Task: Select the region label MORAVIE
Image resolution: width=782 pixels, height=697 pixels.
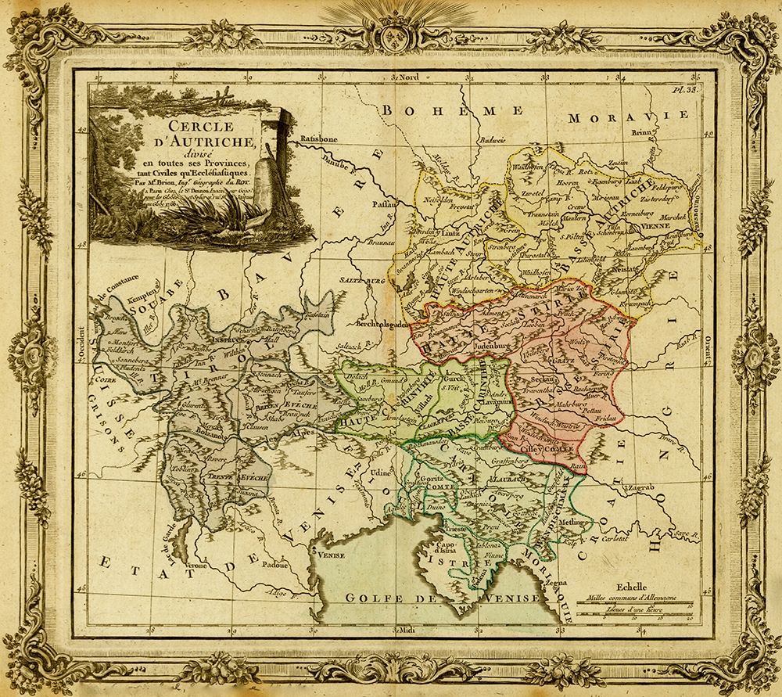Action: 608,118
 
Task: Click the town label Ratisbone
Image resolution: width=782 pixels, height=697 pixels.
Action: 317,138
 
